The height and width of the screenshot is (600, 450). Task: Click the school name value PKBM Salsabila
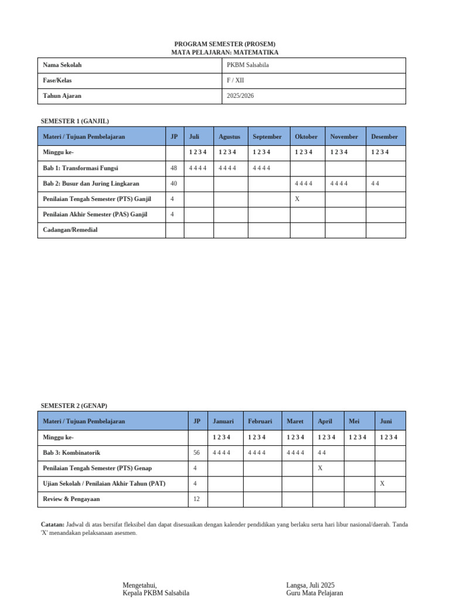point(248,65)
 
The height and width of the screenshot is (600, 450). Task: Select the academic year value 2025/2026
point(240,96)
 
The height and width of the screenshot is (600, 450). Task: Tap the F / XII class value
point(236,80)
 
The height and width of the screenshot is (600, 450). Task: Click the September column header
point(267,137)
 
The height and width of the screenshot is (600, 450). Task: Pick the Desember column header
point(384,137)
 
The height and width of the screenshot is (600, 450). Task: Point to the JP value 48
point(173,168)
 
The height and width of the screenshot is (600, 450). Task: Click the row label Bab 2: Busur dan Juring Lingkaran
point(91,183)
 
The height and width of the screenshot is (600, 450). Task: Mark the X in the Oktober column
point(297,199)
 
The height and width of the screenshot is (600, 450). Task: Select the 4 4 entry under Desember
point(376,183)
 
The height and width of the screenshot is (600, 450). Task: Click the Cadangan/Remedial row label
point(70,230)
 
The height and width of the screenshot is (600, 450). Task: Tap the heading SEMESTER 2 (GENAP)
point(74,405)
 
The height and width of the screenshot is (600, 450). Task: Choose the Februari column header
point(260,421)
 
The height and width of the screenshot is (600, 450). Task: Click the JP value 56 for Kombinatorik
point(196,453)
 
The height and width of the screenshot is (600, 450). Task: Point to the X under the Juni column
point(382,483)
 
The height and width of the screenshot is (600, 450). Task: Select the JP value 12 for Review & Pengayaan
point(196,499)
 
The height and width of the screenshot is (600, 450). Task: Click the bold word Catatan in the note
point(52,524)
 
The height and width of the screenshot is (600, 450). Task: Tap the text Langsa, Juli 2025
point(311,585)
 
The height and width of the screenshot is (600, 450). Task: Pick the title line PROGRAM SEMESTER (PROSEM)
point(225,44)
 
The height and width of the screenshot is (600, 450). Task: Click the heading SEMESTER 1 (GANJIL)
point(75,121)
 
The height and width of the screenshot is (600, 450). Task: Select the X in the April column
point(320,468)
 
